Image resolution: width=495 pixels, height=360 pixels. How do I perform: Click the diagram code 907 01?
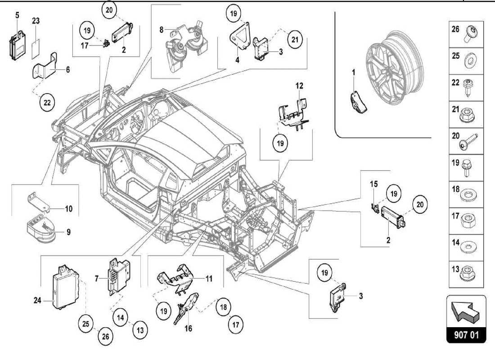click(466, 336)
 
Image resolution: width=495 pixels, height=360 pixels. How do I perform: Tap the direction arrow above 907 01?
click(466, 311)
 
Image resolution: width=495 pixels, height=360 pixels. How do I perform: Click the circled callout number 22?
click(46, 102)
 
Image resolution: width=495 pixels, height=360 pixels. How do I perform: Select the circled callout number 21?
click(293, 40)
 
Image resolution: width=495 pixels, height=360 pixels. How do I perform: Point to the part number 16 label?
click(188, 328)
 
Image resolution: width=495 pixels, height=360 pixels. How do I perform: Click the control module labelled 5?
click(18, 45)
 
